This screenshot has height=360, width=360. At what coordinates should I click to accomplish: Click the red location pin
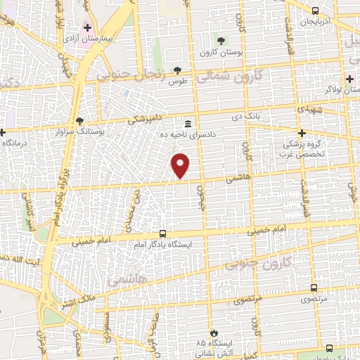[181, 166]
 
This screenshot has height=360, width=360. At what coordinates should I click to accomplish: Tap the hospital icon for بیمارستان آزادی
[87, 29]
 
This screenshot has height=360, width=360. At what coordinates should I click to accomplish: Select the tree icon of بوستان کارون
[221, 40]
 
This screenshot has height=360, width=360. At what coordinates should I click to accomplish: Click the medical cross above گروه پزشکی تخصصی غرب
[302, 133]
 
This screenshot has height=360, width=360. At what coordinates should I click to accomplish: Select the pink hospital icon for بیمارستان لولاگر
[349, 78]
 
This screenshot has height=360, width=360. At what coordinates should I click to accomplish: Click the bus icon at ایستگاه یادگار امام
[163, 233]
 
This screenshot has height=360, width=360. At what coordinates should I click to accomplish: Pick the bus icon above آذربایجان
[315, 11]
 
